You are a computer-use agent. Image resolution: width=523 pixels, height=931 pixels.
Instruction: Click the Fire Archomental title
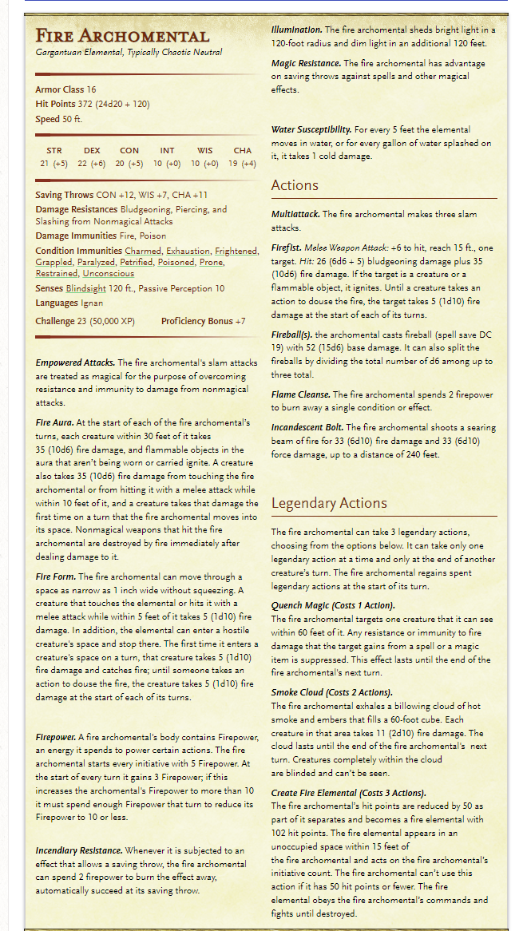pos(122,36)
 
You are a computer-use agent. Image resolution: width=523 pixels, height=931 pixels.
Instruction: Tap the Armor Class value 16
pos(92,89)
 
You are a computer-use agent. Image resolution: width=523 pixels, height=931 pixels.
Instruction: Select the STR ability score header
pos(53,150)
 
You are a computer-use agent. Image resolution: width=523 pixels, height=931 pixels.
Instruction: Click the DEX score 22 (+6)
pos(92,164)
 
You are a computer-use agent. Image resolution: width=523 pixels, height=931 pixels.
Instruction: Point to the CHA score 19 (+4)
pos(243,164)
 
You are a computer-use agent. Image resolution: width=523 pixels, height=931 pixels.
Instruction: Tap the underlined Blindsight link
pos(86,288)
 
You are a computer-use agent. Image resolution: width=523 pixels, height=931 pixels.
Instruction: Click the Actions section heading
pos(295,185)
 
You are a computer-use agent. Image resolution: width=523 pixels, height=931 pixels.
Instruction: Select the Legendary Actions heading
pos(329,503)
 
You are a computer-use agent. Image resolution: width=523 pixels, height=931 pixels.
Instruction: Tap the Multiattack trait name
pos(296,215)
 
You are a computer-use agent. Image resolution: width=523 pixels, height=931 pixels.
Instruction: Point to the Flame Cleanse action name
pos(300,394)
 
